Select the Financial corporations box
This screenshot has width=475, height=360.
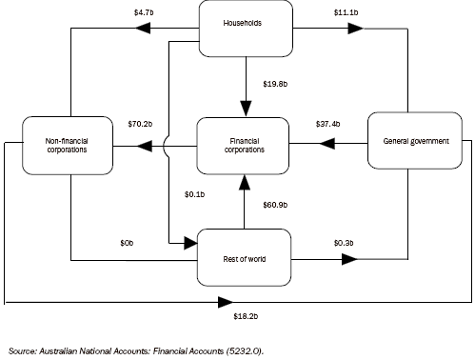pyautogui.click(x=244, y=146)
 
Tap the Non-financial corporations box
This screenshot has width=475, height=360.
pyautogui.click(x=69, y=146)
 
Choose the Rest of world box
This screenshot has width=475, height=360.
pyautogui.click(x=244, y=257)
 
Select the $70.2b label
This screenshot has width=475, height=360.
pyautogui.click(x=141, y=124)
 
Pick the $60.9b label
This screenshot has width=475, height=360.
pyautogui.click(x=276, y=205)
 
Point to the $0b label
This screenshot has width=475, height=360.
pyautogui.click(x=127, y=243)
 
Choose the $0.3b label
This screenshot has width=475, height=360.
pyautogui.click(x=343, y=243)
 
